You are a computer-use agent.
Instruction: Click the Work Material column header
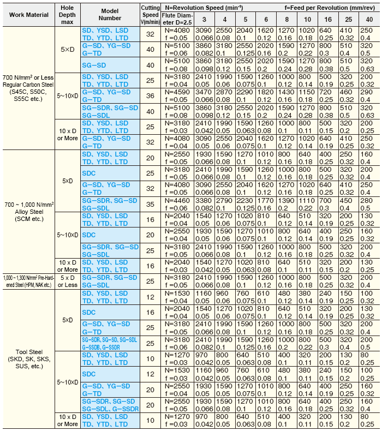pos(28,14)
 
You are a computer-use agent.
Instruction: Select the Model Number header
pos(110,14)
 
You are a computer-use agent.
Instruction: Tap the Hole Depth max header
pos(68,14)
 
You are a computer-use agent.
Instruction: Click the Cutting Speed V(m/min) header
pos(150,14)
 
